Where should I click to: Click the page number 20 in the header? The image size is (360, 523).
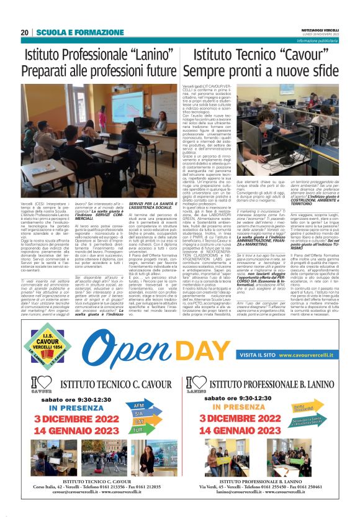pyautogui.click(x=24, y=32)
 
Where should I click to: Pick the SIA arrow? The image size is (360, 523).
pyautogui.click(x=139, y=430)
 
